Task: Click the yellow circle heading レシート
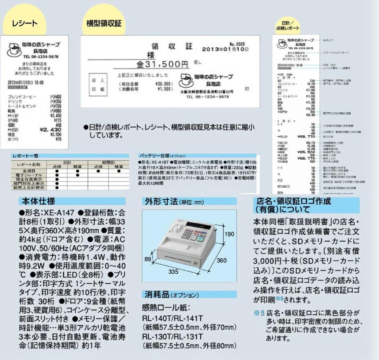(x=25, y=24)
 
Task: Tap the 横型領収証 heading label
(x=104, y=24)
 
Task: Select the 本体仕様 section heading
(x=39, y=201)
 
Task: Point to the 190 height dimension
(x=229, y=234)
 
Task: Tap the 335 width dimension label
(x=173, y=272)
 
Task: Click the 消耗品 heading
(x=157, y=295)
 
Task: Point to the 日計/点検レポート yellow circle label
(x=288, y=25)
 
